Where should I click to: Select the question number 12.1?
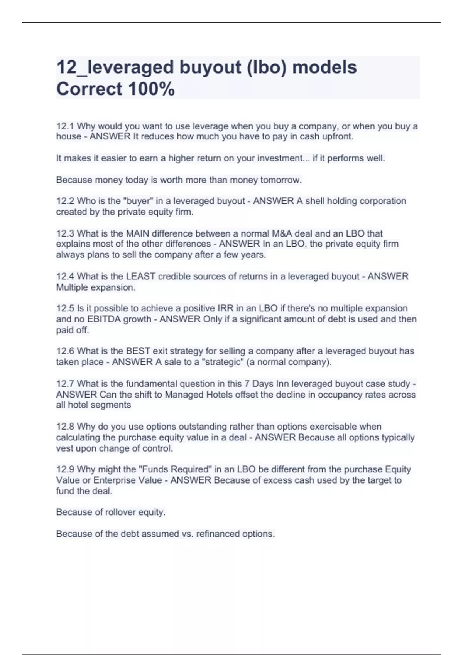66,126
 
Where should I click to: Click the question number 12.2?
66,201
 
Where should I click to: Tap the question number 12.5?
66,309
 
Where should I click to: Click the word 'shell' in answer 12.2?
316,201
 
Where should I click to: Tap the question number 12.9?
66,470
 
